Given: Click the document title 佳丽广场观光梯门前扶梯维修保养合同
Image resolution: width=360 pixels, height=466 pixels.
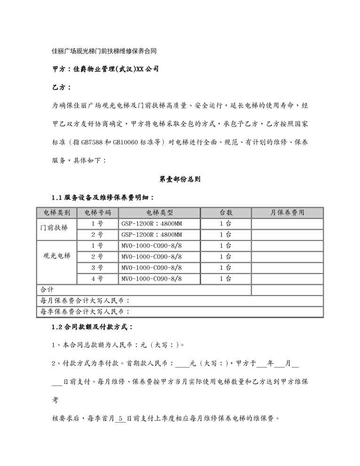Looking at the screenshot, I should coord(110,50).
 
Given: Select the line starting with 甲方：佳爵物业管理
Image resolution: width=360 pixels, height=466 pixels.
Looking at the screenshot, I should coord(105,69).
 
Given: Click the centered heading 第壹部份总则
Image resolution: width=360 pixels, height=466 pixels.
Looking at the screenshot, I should coord(180,179).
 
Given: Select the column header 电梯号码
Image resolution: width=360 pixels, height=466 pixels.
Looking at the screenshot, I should coord(97,213).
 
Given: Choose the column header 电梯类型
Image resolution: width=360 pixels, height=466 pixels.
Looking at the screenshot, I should coord(160,213).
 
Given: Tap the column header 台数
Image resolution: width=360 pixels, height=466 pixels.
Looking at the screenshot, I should coord(226,213).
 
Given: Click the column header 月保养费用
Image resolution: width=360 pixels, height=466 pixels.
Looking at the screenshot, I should coord(287,213).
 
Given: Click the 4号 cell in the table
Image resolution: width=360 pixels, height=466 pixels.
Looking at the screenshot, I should coord(97,279).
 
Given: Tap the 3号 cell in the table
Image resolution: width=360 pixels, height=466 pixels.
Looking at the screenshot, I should coord(97,268).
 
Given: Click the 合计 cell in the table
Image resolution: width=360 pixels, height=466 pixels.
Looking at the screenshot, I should coord(47,289).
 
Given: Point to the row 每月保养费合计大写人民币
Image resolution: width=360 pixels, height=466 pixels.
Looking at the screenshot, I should coord(85,300).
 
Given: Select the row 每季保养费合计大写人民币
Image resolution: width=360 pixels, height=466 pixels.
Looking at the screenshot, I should coord(85,311).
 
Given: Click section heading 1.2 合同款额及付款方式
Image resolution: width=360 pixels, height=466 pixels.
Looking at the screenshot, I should coord(92,327).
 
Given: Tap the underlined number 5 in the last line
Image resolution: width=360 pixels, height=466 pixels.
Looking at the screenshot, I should coord(121,418).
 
